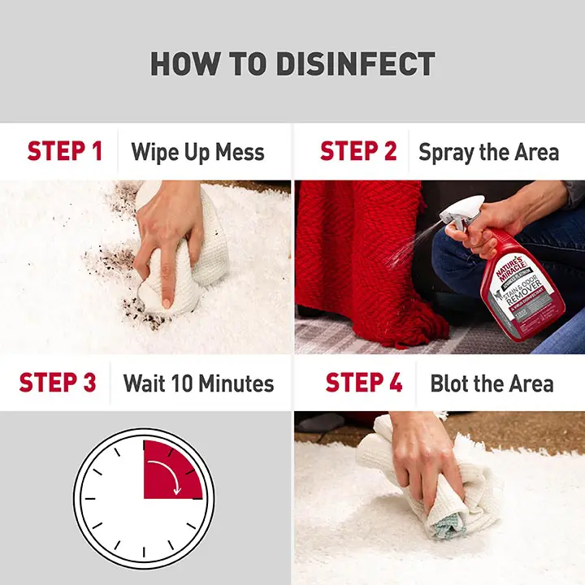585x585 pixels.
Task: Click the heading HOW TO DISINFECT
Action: (x=292, y=64)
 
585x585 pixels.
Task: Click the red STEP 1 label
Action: (x=65, y=152)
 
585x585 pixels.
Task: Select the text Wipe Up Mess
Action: (x=197, y=152)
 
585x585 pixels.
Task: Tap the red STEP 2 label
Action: (x=358, y=152)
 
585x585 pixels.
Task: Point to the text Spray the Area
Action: (x=488, y=152)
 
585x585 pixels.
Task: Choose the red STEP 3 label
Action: (x=58, y=383)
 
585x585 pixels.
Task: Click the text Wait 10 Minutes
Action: (x=198, y=383)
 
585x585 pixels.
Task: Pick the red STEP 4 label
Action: (x=364, y=383)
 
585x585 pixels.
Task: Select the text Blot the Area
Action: (x=492, y=383)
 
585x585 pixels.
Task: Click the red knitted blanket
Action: (x=357, y=260)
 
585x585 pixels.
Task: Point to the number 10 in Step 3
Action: (x=193, y=383)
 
